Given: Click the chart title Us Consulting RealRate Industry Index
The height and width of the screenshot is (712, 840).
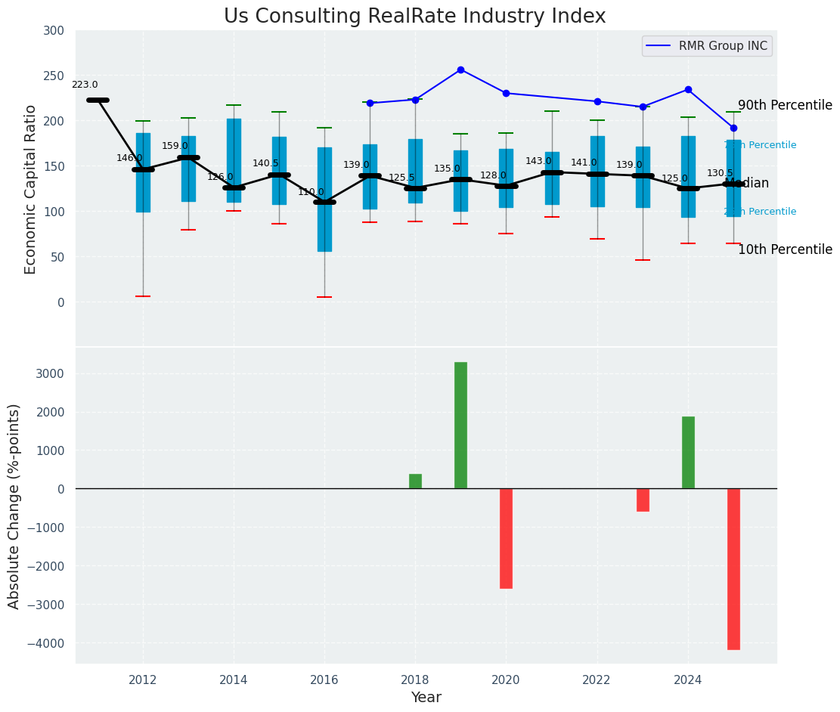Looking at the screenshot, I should [414, 17].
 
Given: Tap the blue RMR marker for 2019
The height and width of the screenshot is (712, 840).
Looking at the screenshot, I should [460, 70].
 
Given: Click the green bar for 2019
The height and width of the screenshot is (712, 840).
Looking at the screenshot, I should [460, 425].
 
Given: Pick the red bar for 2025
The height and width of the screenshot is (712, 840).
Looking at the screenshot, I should [733, 568].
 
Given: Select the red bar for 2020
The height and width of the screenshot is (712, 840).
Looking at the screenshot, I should [506, 538].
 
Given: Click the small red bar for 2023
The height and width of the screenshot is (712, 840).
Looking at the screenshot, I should [643, 500].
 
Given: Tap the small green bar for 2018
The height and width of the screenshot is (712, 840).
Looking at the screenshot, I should [415, 481].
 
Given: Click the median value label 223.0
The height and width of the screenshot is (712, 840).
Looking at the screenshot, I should [85, 85].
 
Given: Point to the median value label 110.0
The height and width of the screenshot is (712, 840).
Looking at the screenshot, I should [311, 193].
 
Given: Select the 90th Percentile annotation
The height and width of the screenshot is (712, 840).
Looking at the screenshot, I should [785, 106].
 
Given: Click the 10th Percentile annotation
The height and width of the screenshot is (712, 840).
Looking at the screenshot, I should [785, 250].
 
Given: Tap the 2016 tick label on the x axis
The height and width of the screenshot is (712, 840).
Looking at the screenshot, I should [324, 680].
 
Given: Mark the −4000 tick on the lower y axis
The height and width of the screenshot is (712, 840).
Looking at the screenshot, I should [47, 643].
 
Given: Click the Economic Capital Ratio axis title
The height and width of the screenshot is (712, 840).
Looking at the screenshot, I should [31, 189].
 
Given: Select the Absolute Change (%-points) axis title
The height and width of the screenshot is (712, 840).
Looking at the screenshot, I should [14, 506].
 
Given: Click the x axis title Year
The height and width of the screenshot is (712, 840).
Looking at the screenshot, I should [426, 698].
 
